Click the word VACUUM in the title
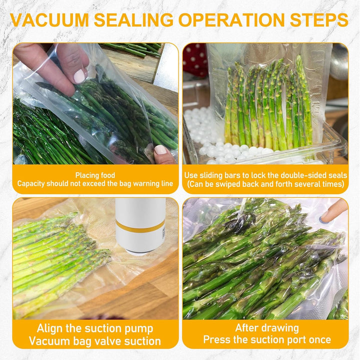(x=49, y=20)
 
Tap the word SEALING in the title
(x=133, y=20)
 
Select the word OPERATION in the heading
(x=231, y=20)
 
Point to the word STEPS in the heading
(x=319, y=20)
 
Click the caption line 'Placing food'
(x=95, y=175)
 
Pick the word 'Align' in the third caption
(x=50, y=329)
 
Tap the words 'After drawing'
(x=266, y=328)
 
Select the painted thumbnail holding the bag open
(x=80, y=76)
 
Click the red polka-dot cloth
(x=195, y=60)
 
